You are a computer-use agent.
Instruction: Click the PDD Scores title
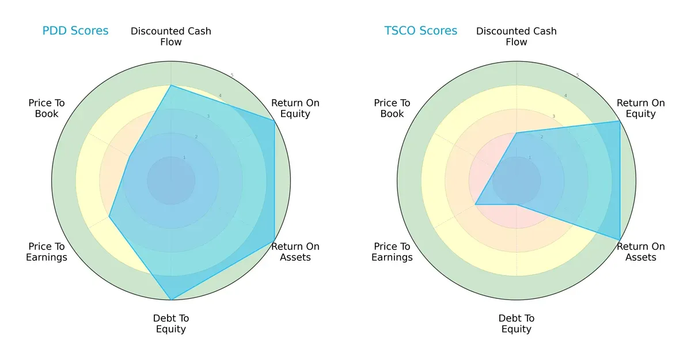pos(75,31)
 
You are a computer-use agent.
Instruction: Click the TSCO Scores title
pos(421,31)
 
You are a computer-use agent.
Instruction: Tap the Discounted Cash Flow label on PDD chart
pos(171,36)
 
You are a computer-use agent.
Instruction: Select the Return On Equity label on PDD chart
pos(295,108)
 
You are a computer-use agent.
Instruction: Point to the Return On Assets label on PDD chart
pos(295,252)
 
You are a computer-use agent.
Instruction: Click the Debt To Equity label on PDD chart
pos(171,324)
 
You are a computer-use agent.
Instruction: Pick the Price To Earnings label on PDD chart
pos(47,252)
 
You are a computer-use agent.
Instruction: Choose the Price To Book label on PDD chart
pos(47,108)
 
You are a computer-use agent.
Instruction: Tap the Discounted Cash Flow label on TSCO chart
pos(517,36)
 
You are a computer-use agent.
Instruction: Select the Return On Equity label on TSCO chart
pos(641,108)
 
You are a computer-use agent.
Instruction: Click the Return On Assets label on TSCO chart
pos(641,252)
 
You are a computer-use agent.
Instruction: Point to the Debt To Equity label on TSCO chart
pos(517,324)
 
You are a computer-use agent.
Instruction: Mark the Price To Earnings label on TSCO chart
pos(392,252)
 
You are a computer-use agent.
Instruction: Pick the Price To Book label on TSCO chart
pos(392,108)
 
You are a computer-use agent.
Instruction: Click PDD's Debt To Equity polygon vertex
pos(171,300)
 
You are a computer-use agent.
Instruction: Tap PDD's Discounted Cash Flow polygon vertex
pos(171,85)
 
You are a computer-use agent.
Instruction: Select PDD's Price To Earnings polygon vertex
pos(109,217)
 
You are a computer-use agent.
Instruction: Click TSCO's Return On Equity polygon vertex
pos(620,121)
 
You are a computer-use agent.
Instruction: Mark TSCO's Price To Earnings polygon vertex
pos(475,204)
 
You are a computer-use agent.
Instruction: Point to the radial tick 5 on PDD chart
pos(232,75)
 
